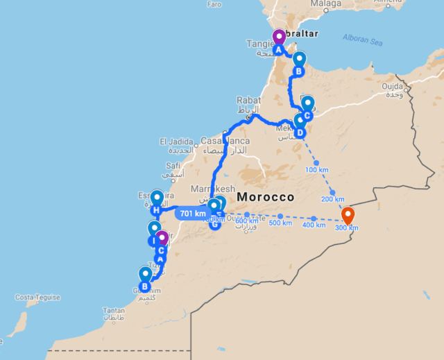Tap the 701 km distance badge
pos(193,214)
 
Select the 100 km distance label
pos(316,170)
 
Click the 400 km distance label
pos(314,226)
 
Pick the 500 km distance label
pos(280,223)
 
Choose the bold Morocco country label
pos(266,198)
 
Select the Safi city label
pos(173,166)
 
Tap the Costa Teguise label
pos(38,298)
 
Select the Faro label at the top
pos(214,4)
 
